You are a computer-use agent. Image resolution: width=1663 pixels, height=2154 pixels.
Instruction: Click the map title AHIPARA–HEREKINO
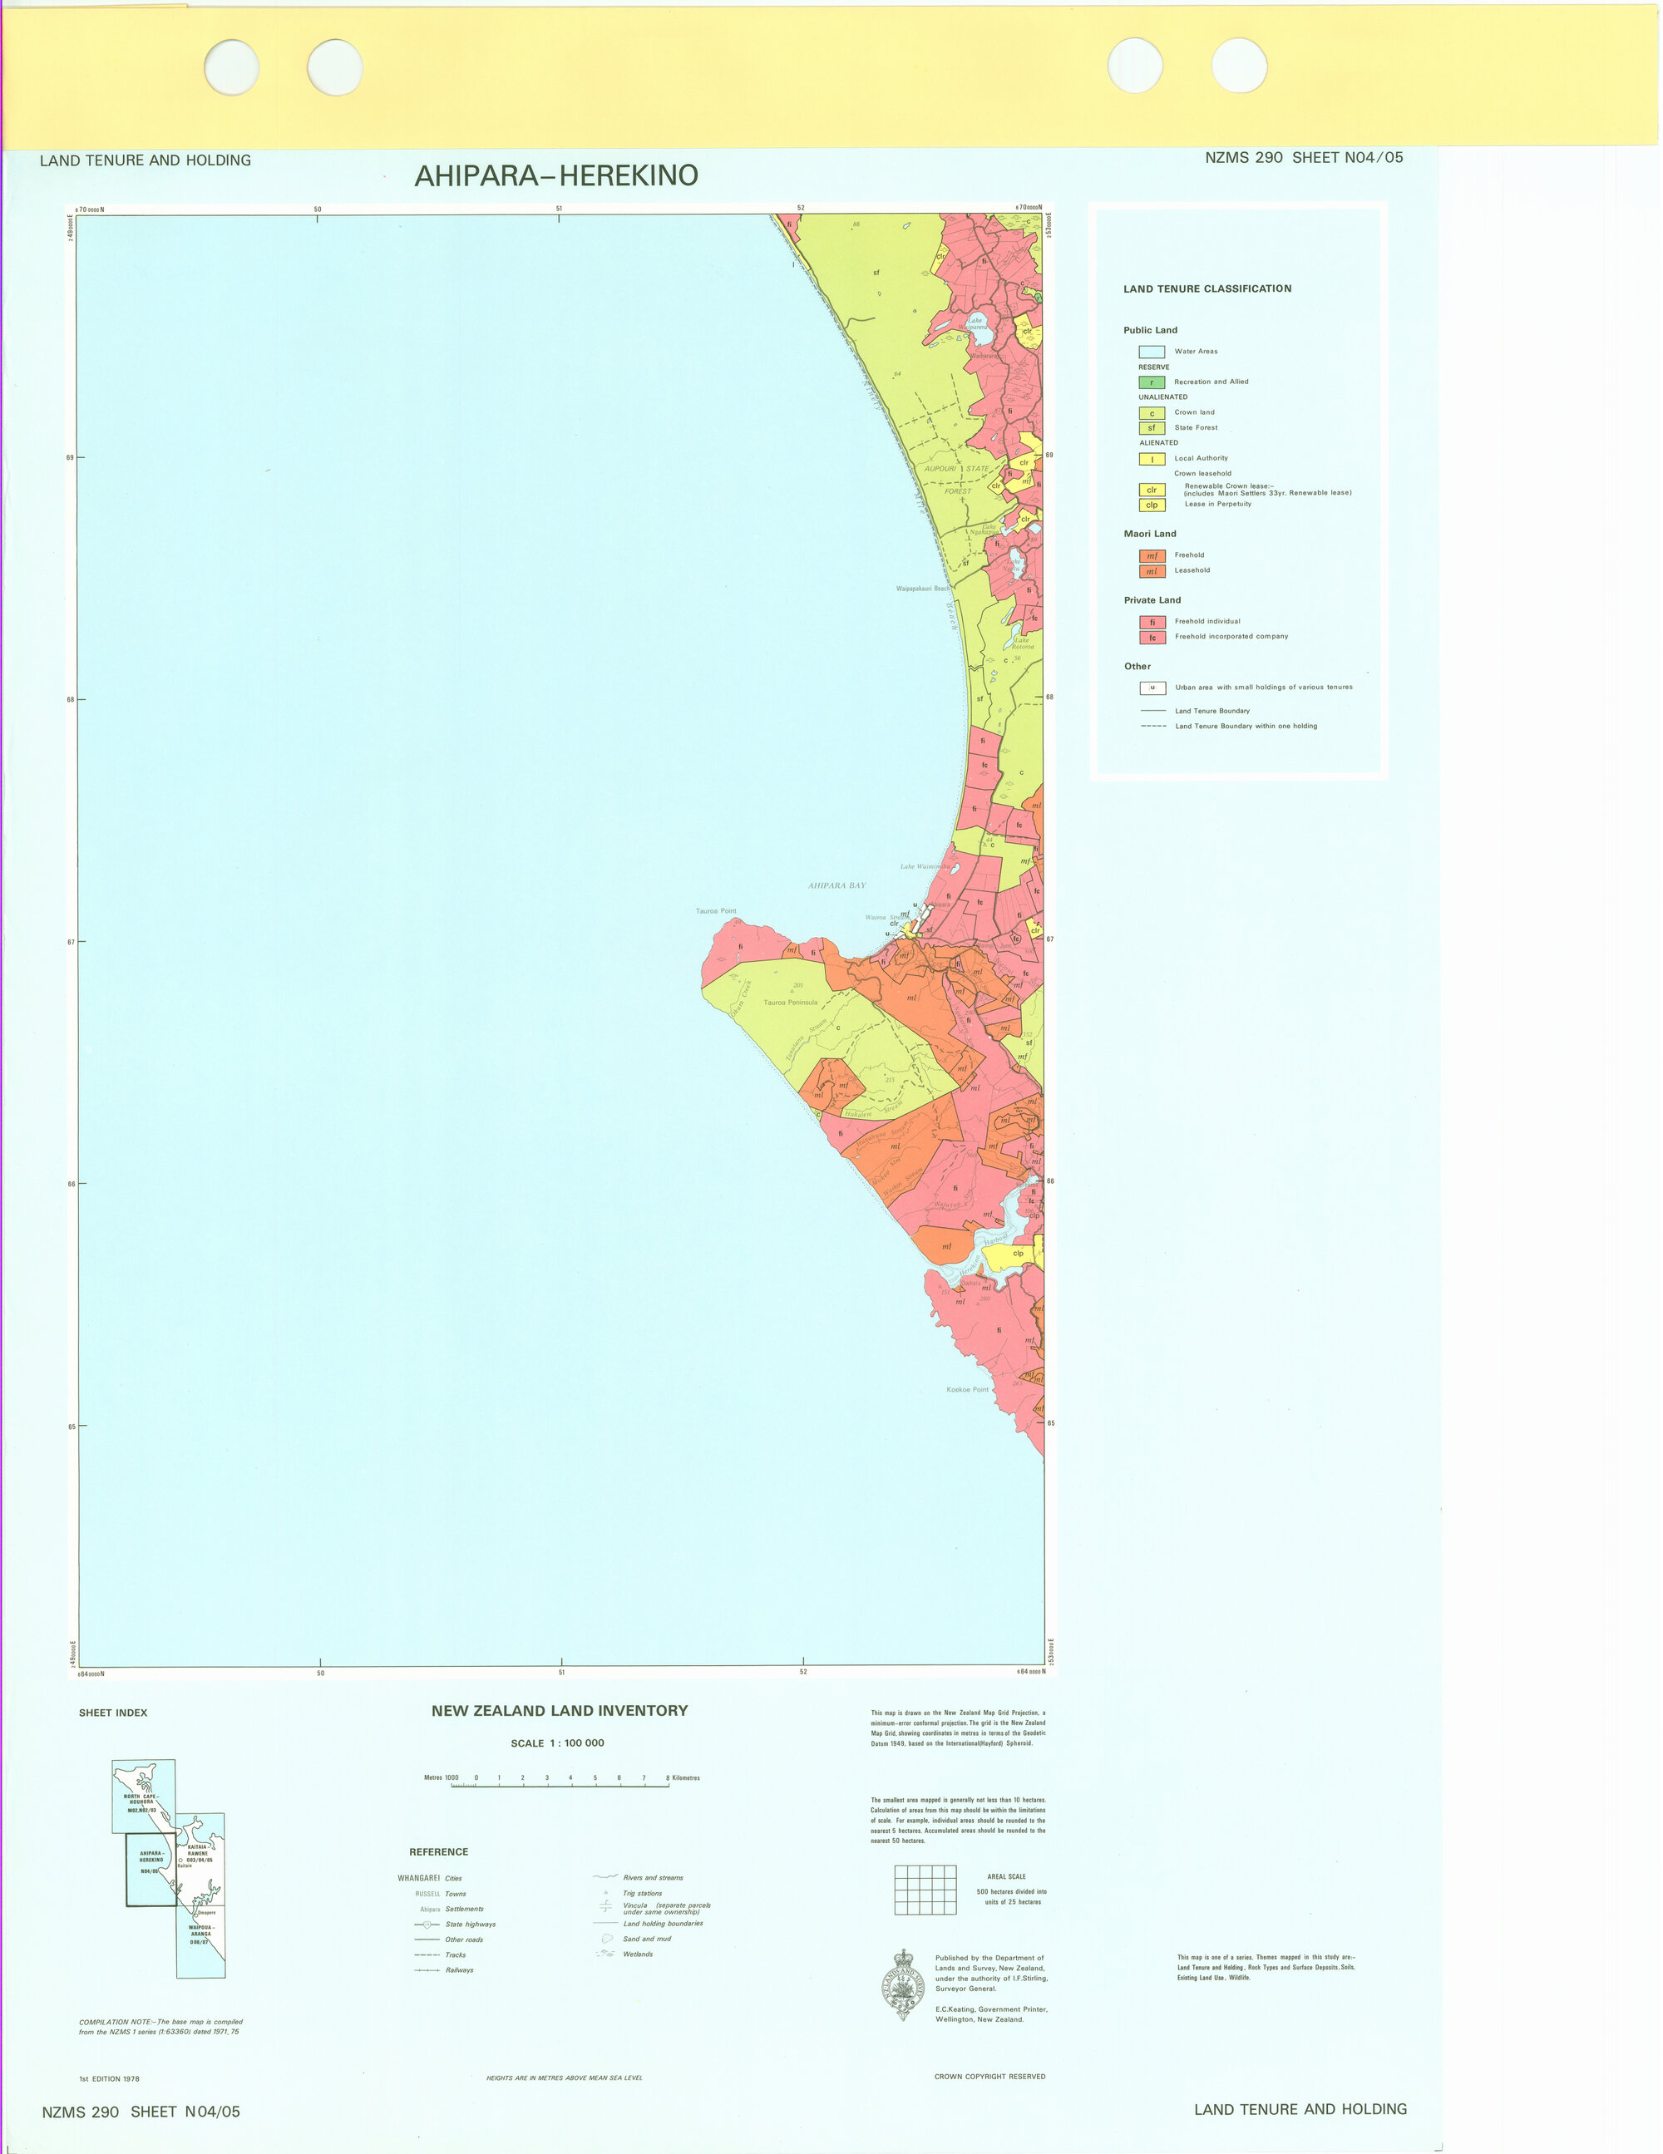pyautogui.click(x=556, y=175)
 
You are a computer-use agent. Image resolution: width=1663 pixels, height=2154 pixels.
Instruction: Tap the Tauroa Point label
pyautogui.click(x=716, y=911)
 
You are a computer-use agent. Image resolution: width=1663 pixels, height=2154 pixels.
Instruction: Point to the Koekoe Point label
pyautogui.click(x=968, y=1390)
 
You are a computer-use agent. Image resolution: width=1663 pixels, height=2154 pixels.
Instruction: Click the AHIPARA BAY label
pyautogui.click(x=837, y=885)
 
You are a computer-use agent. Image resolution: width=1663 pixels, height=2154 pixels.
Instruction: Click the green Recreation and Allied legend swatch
pyautogui.click(x=1151, y=382)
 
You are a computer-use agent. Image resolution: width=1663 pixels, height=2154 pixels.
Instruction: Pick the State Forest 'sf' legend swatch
pyautogui.click(x=1151, y=428)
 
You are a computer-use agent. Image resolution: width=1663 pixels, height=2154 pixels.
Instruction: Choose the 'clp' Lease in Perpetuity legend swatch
pyautogui.click(x=1151, y=505)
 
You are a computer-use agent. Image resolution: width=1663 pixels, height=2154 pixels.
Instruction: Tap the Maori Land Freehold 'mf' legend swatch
pyautogui.click(x=1151, y=556)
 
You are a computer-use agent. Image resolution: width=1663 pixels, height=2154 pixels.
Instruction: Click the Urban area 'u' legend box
pyautogui.click(x=1152, y=688)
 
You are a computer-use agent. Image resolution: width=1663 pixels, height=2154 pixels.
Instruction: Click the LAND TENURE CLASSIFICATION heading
pyautogui.click(x=1207, y=289)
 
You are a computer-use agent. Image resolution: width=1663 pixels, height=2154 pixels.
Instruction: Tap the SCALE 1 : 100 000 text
pyautogui.click(x=557, y=1742)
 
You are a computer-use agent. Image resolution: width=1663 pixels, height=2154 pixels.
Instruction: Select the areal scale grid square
pyautogui.click(x=925, y=1890)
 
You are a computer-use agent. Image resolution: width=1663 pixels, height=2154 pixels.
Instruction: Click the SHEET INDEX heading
pyautogui.click(x=112, y=1713)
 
